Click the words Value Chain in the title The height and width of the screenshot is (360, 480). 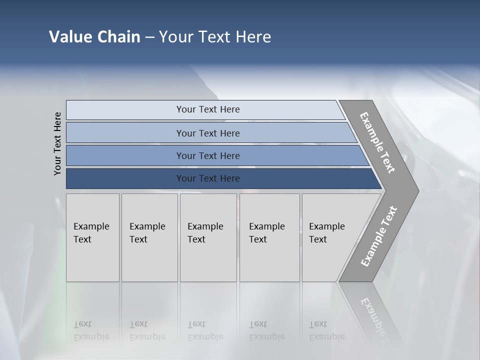point(94,37)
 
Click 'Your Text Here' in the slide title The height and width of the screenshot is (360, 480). point(215,37)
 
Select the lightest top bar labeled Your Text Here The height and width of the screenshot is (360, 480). point(208,109)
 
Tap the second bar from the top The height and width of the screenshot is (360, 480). point(208,133)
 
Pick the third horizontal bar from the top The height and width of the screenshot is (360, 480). point(208,155)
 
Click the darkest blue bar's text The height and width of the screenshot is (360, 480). point(208,178)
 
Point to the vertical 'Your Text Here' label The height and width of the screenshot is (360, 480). point(57,143)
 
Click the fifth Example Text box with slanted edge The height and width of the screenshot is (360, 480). point(327,233)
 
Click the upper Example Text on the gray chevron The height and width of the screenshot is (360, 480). point(377,142)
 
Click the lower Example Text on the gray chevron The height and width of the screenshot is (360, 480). point(378,236)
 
